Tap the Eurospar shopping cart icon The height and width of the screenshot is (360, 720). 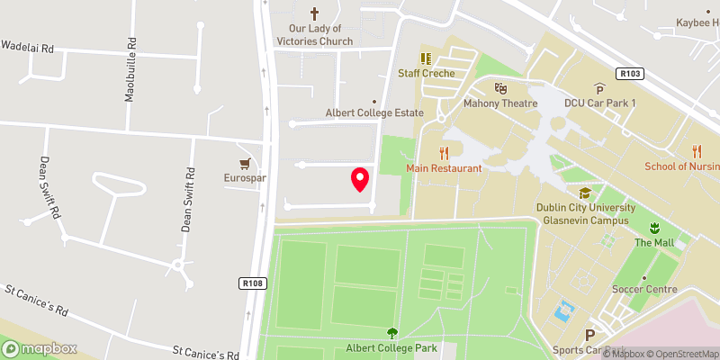point(244,164)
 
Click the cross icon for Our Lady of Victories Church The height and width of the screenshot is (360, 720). point(315,13)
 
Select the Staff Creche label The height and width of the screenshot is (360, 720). point(427,73)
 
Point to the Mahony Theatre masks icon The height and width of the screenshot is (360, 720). point(500,88)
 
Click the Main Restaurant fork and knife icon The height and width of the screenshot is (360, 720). point(444,153)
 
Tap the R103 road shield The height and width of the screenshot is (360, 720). point(629,73)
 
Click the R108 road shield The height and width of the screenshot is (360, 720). point(253,283)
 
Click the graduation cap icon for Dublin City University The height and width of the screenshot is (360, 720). point(584,193)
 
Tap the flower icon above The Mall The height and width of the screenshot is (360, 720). point(654,227)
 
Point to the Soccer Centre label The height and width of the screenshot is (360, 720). point(644,289)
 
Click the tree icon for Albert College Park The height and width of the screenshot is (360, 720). point(391,332)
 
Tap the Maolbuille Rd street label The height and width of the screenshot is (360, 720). point(131,69)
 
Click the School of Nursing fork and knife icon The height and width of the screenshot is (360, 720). point(697,150)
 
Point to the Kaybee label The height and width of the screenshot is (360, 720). point(698,22)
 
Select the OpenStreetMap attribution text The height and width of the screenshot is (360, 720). point(680,353)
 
